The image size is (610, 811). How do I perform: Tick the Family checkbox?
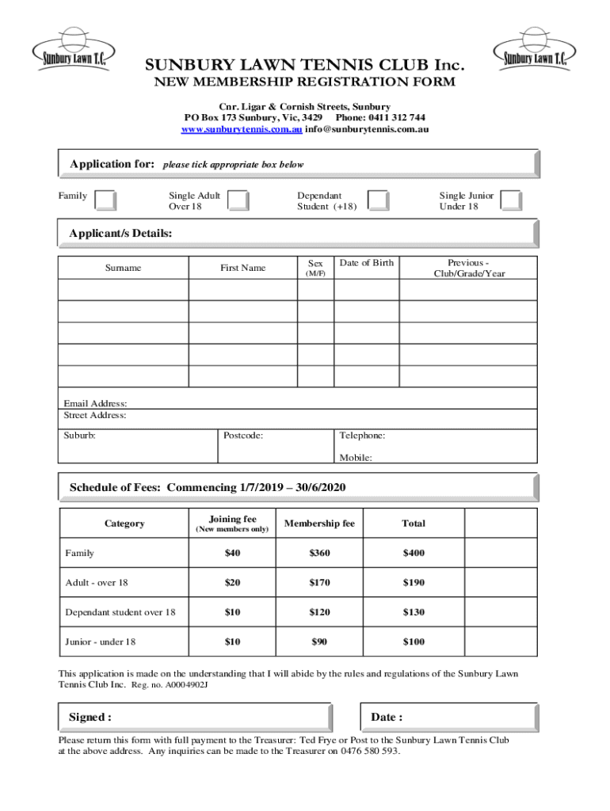105,200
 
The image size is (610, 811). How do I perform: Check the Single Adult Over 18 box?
238,200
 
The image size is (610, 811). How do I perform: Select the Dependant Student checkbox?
379,200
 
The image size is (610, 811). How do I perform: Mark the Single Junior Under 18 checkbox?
512,200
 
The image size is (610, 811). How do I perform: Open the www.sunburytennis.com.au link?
242,129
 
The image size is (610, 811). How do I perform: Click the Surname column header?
123,268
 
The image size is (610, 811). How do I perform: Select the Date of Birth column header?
366,263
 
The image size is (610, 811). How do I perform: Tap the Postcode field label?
243,436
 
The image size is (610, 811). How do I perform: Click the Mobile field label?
356,458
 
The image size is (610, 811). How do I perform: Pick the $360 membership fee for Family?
319,553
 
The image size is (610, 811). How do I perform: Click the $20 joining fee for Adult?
232,583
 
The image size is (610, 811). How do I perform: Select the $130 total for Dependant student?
413,612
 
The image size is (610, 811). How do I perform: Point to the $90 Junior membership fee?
319,642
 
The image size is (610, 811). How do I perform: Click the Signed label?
90,718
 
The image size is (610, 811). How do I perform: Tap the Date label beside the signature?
387,718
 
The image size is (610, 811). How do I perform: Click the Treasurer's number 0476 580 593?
368,752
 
